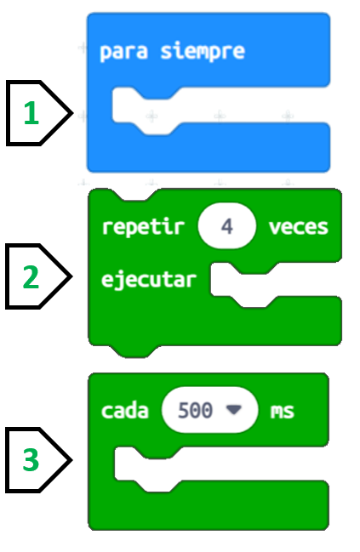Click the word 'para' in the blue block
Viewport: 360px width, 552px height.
coord(123,53)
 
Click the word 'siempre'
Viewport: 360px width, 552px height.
coord(203,51)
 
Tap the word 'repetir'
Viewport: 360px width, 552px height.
coord(143,227)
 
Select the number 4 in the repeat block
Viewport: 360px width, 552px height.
coord(227,226)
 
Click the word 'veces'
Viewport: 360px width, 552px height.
coord(299,227)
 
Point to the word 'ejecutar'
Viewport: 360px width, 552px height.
coord(149,280)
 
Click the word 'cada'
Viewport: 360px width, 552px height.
coord(125,411)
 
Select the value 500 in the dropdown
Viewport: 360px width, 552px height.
coord(195,410)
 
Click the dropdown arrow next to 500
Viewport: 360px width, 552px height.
coord(233,409)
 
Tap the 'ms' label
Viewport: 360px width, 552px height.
coord(283,411)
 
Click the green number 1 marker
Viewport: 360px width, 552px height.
coord(31,112)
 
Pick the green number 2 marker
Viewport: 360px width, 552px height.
coord(31,277)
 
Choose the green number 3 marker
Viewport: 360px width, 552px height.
coord(31,460)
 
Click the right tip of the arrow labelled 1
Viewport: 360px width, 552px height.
coord(71,113)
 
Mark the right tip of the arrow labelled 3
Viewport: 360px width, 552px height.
coord(71,460)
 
